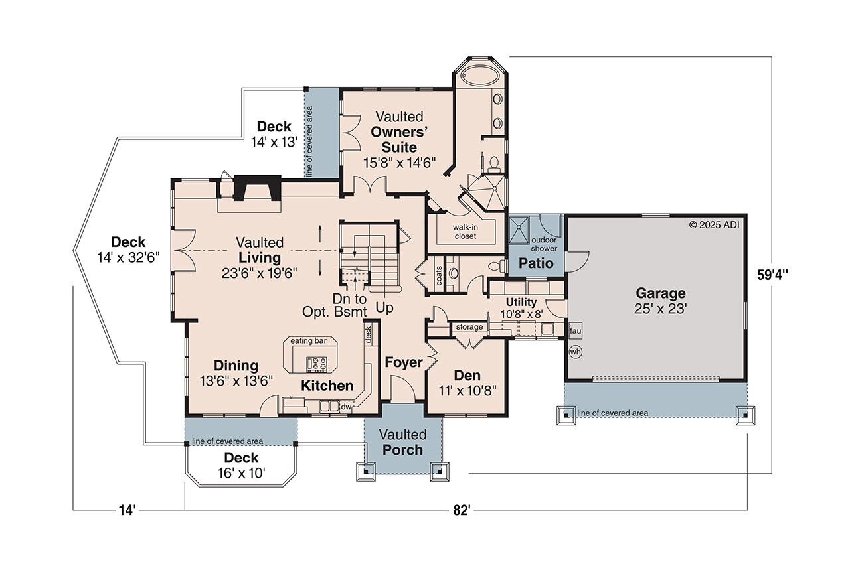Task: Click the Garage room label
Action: tap(660, 293)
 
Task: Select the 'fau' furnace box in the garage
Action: tap(575, 330)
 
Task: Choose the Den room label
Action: tap(467, 375)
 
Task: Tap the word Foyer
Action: tap(403, 362)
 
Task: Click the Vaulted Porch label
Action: tap(402, 443)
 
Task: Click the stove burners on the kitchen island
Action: tap(316, 363)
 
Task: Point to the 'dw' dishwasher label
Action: tap(346, 407)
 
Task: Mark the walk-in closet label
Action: tap(466, 232)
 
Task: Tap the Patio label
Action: tap(536, 263)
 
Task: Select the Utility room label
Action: tap(521, 303)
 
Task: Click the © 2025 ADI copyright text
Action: tap(715, 224)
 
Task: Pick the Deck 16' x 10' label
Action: tap(240, 465)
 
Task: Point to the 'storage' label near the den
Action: tap(469, 327)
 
